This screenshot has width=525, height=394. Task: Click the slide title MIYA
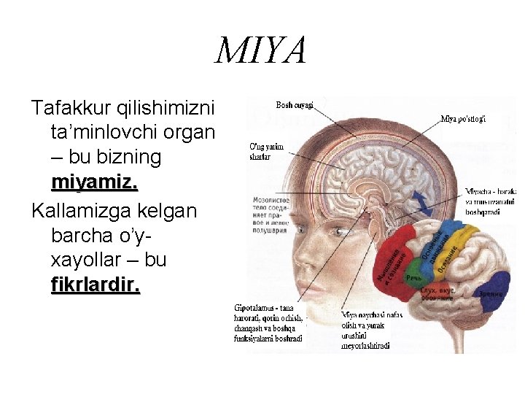(x=261, y=52)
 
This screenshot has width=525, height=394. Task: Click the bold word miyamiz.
(x=95, y=182)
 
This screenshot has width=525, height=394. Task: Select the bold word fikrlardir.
(x=95, y=285)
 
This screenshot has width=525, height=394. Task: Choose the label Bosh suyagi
(x=295, y=105)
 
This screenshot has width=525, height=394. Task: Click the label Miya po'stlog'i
(x=464, y=119)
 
